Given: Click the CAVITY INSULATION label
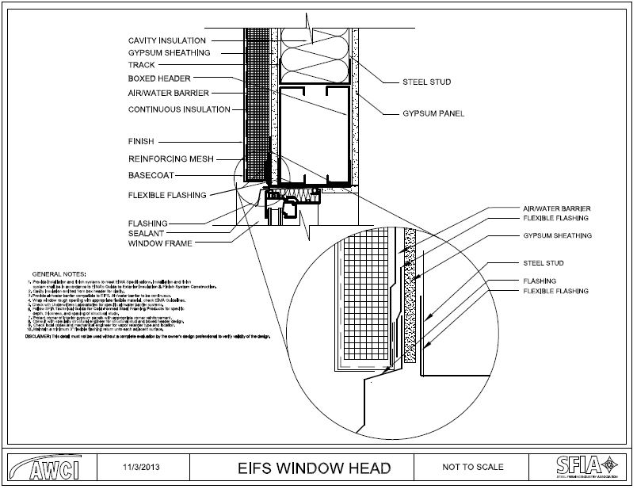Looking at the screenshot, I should pos(166,40).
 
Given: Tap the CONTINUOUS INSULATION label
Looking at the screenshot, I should pos(178,109).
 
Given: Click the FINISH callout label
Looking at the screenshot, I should pos(140,142).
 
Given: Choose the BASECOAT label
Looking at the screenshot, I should pos(151,174).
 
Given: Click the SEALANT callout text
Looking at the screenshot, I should pos(146,234).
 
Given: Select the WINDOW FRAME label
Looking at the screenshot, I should pos(160,243).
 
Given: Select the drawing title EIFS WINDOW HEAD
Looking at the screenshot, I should pos(314,468).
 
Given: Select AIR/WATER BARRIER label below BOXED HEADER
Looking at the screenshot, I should pos(168,93).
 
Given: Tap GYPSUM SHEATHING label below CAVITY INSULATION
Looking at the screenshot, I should pos(169,53).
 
